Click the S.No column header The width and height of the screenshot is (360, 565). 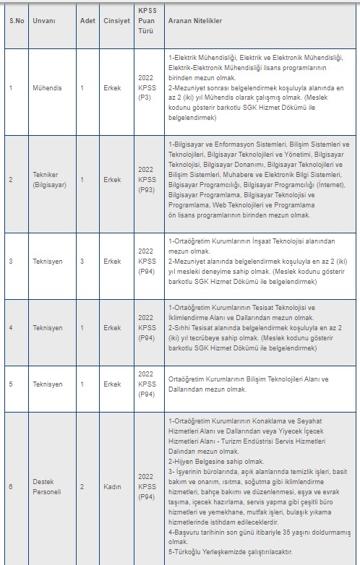[x=17, y=22]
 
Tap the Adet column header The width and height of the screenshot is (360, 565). [x=87, y=22]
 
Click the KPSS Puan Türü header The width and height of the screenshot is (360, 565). [x=147, y=22]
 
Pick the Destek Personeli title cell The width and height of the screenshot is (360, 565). [x=48, y=486]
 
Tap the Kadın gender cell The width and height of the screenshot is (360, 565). [x=111, y=487]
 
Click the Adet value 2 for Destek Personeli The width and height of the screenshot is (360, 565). [x=82, y=487]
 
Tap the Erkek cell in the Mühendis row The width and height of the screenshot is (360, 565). [x=112, y=88]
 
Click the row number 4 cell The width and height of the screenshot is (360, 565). [x=11, y=328]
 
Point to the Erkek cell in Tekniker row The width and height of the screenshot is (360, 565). [x=112, y=179]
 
